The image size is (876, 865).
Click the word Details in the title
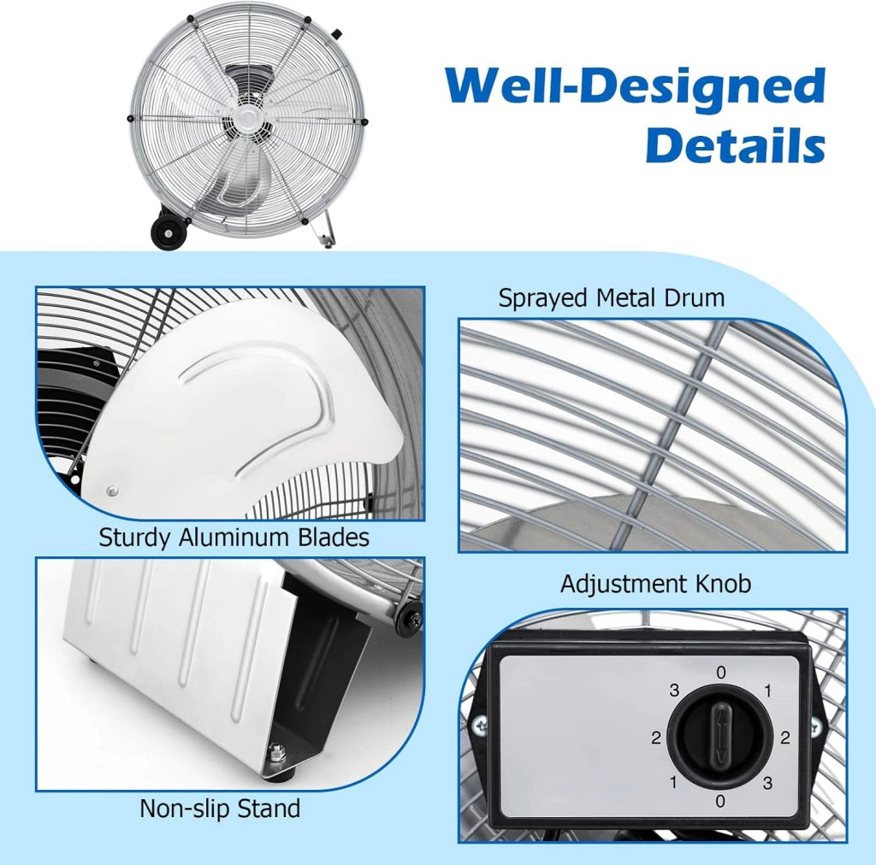click(x=735, y=144)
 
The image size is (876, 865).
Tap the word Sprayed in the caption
click(x=544, y=298)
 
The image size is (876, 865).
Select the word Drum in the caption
click(x=695, y=297)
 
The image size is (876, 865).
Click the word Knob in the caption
click(x=723, y=584)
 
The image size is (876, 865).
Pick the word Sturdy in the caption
click(x=134, y=538)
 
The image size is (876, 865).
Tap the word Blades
click(x=334, y=537)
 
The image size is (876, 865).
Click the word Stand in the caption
click(x=269, y=808)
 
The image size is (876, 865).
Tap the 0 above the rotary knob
click(x=720, y=673)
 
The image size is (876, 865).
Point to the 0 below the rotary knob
click(x=720, y=802)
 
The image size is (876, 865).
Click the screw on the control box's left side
click(x=480, y=725)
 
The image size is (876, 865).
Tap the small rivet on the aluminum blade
click(x=112, y=491)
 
